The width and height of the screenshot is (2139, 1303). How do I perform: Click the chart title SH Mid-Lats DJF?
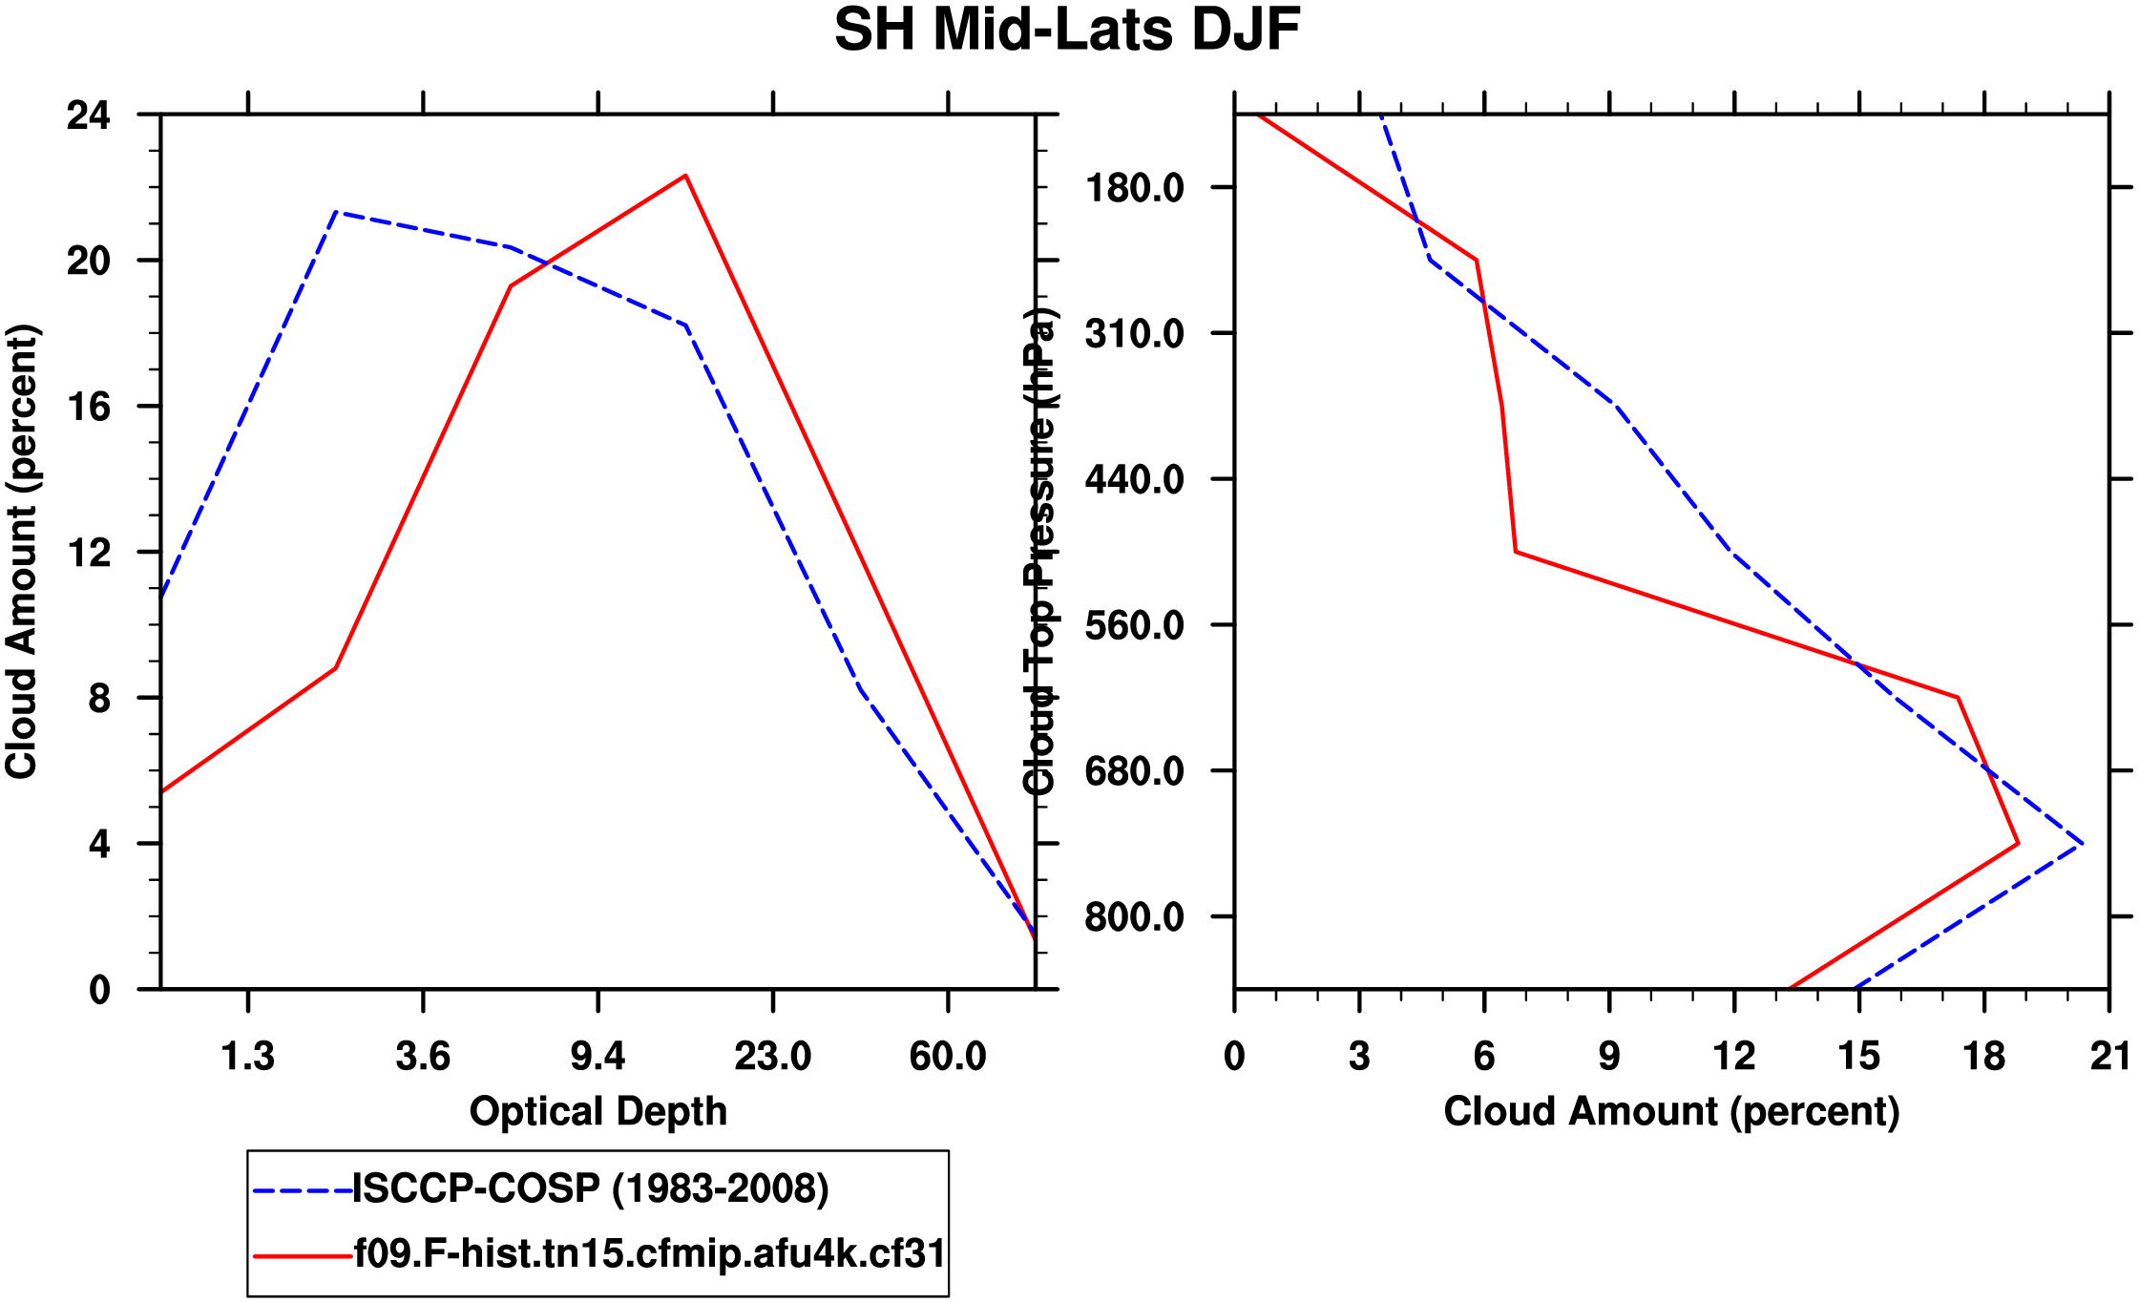click(x=1067, y=31)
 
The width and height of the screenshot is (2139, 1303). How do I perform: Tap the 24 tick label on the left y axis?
click(x=89, y=116)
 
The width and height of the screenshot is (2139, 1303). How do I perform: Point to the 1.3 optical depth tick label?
click(x=248, y=1057)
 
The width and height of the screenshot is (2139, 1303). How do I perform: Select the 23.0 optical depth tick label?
click(x=772, y=1057)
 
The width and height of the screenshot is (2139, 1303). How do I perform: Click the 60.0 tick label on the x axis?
click(x=947, y=1057)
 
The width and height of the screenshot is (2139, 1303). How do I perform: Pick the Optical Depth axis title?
click(x=598, y=1112)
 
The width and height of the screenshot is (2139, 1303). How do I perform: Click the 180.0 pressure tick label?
click(x=1135, y=188)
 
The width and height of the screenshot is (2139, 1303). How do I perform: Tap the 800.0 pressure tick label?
click(x=1135, y=917)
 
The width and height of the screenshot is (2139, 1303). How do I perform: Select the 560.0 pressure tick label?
click(x=1135, y=625)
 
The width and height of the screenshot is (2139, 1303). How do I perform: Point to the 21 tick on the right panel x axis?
click(x=2109, y=1057)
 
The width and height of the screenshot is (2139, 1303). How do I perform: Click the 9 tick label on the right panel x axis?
click(x=1609, y=1057)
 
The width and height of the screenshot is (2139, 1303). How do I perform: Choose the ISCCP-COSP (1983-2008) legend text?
click(x=591, y=1189)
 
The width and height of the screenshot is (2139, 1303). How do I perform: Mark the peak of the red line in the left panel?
click(x=685, y=176)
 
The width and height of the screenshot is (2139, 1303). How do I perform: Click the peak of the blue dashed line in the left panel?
click(x=336, y=212)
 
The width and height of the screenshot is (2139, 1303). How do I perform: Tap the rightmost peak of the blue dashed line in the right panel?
click(x=2082, y=844)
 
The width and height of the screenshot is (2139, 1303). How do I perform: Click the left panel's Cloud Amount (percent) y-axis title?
click(x=22, y=552)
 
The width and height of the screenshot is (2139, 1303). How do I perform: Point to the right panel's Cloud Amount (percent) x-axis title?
click(x=1671, y=1112)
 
